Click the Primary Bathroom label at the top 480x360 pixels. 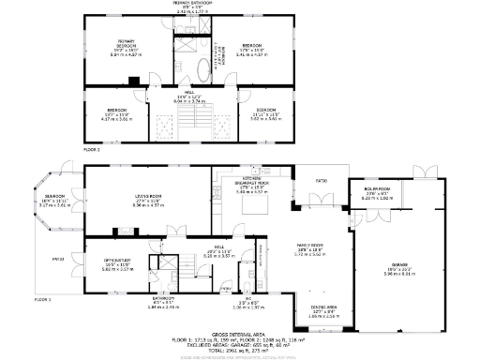click(x=192, y=4)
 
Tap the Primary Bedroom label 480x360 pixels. click(x=125, y=41)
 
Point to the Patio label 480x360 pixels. click(x=320, y=179)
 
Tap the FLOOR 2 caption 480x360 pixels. click(x=91, y=149)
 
